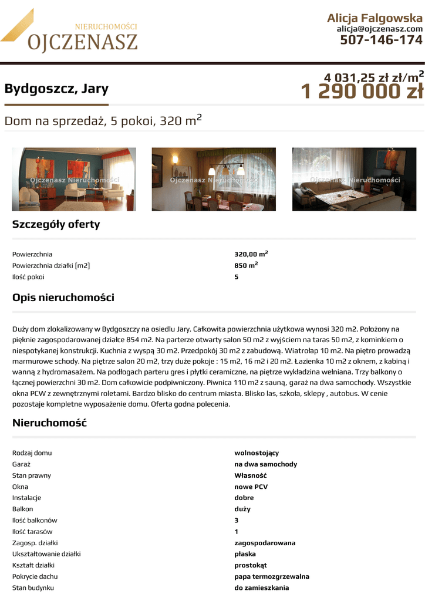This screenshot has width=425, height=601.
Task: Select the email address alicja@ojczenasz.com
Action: (x=379, y=29)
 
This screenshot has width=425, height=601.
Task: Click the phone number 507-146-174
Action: (x=381, y=40)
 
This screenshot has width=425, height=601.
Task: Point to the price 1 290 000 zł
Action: (x=362, y=92)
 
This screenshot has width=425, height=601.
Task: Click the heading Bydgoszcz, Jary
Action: (x=56, y=89)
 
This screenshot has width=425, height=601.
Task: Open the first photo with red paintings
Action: (x=74, y=179)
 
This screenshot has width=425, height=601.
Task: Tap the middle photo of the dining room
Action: (x=214, y=179)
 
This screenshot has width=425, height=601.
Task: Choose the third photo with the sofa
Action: (x=354, y=179)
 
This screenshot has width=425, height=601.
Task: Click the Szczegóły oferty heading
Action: (x=56, y=224)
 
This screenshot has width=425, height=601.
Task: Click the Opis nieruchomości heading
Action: (x=63, y=298)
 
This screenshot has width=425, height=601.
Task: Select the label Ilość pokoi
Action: (x=28, y=277)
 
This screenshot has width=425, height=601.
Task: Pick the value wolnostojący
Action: (x=257, y=453)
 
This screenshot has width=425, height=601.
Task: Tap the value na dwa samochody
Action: (x=265, y=464)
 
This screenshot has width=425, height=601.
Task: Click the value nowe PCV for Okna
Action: (x=251, y=487)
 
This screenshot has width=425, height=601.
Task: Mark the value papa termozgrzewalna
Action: (x=272, y=576)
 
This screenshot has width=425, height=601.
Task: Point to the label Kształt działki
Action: (x=33, y=565)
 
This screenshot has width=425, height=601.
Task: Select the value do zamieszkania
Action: (x=261, y=588)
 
